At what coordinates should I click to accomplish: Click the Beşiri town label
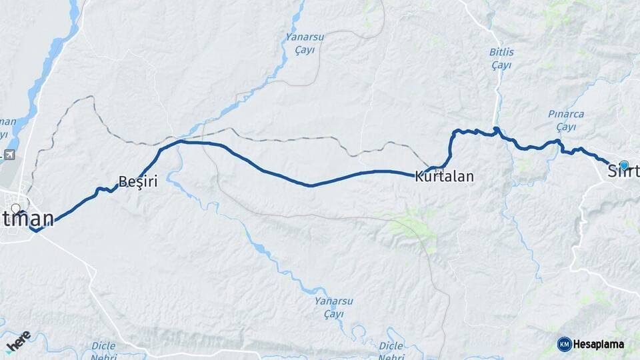[137, 181]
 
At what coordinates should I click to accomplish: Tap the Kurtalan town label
[444, 177]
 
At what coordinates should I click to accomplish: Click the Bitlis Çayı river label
[501, 59]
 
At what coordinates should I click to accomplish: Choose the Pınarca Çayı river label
[566, 120]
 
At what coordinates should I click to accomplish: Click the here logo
[17, 341]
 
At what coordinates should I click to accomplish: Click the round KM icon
[564, 344]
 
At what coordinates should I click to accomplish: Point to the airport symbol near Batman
[9, 155]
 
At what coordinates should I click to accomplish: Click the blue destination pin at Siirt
[623, 165]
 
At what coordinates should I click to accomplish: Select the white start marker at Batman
[15, 209]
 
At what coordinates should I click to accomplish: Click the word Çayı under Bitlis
[501, 65]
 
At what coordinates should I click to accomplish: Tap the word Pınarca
[566, 114]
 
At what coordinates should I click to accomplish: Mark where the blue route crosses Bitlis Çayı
[497, 130]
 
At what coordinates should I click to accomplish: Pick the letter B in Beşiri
[122, 181]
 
